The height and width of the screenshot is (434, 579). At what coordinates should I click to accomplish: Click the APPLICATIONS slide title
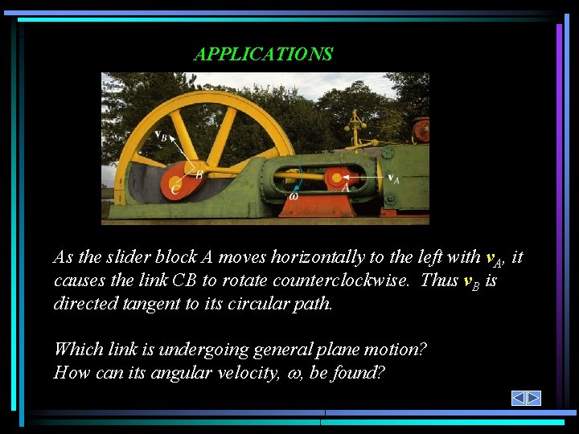click(x=263, y=55)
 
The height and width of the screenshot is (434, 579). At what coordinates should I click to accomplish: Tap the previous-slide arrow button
click(x=519, y=398)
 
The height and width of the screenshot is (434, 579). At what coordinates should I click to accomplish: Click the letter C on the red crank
click(x=175, y=189)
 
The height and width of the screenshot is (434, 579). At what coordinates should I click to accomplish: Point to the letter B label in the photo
click(x=199, y=173)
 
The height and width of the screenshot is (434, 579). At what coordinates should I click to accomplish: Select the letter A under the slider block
click(x=346, y=187)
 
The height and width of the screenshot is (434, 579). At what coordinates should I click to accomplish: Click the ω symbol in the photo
click(x=294, y=195)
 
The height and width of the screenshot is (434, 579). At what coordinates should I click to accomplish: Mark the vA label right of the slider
click(x=393, y=178)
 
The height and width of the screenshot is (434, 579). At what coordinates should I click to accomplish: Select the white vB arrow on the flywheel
click(x=185, y=149)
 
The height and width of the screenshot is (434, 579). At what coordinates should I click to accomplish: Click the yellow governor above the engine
click(x=355, y=129)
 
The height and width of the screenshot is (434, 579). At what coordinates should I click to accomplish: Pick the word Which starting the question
click(x=77, y=350)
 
